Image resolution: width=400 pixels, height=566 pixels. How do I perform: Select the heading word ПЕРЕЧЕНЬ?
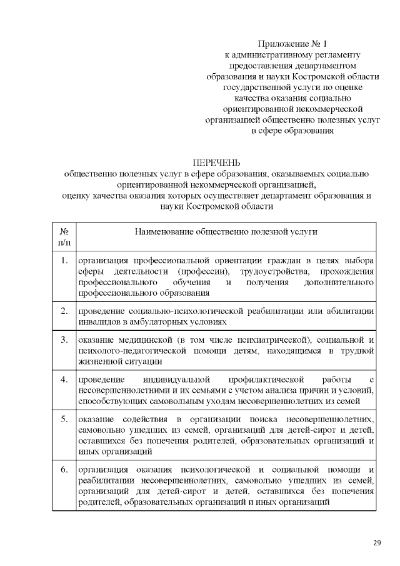(x=216, y=163)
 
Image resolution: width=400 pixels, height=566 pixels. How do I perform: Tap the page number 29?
(x=377, y=542)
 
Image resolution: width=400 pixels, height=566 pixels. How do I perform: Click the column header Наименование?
(x=173, y=232)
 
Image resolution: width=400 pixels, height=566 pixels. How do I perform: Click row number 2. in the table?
(x=64, y=311)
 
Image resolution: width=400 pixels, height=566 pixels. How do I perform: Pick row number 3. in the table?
(x=64, y=340)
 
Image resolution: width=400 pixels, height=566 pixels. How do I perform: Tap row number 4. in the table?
(x=64, y=380)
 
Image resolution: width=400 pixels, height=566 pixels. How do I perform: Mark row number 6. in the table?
(x=64, y=470)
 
